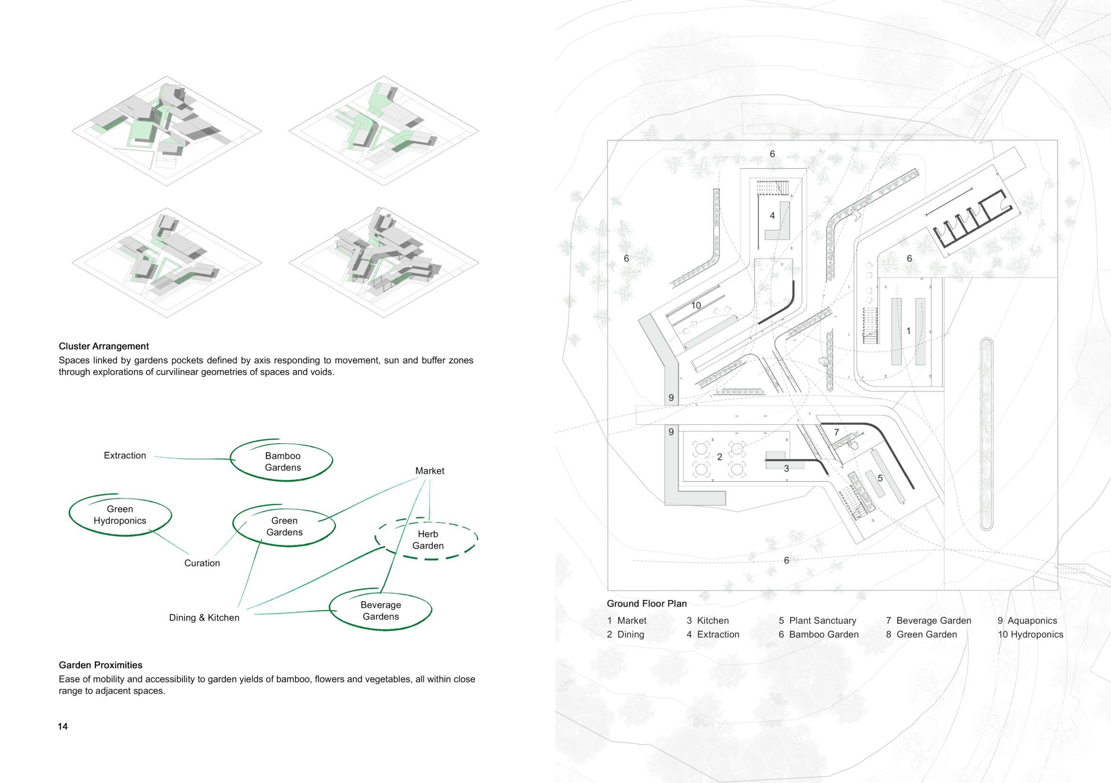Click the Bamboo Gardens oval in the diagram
point(283,462)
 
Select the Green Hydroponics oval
point(120,515)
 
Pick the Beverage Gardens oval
point(381,611)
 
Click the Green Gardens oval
point(284,526)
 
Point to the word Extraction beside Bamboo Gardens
point(125,455)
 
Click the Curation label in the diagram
point(202,563)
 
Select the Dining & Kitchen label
point(204,618)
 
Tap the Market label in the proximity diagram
point(430,471)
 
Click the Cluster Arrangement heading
point(104,346)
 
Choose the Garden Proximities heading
point(101,665)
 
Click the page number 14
point(63,726)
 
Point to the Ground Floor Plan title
point(647,604)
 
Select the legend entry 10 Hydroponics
point(1031,634)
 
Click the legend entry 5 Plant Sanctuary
point(817,621)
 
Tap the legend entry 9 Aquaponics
point(1027,621)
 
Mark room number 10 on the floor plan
point(696,306)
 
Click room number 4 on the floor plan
point(772,216)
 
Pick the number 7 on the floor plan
point(836,432)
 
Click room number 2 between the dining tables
point(719,458)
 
